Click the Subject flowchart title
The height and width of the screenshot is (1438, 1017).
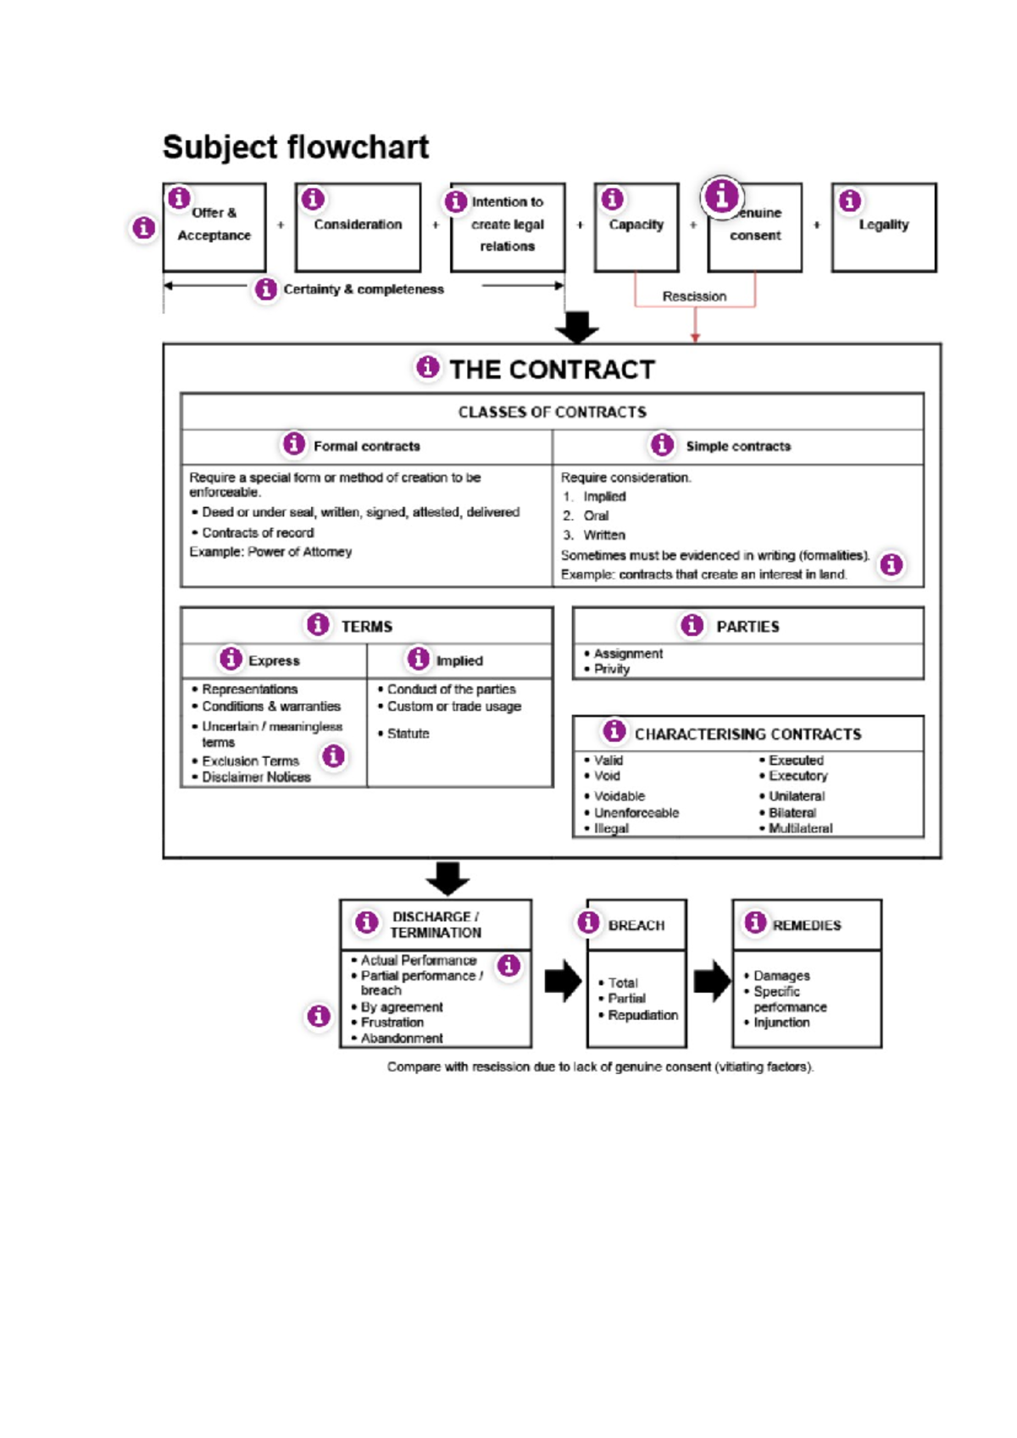pyautogui.click(x=295, y=148)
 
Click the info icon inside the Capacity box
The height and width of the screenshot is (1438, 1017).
pyautogui.click(x=612, y=199)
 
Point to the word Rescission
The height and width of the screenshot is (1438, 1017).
pyautogui.click(x=694, y=297)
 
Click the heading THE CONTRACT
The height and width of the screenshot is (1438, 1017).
pyautogui.click(x=552, y=370)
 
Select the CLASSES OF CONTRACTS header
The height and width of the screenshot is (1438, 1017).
pyautogui.click(x=552, y=412)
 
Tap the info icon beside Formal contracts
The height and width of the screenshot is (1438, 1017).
pyautogui.click(x=293, y=443)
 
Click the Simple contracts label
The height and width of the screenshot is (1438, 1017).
pyautogui.click(x=737, y=446)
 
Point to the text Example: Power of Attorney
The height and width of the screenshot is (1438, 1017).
pyautogui.click(x=270, y=552)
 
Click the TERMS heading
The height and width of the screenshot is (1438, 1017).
pyautogui.click(x=366, y=627)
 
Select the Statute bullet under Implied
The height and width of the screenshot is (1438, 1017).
pyautogui.click(x=408, y=733)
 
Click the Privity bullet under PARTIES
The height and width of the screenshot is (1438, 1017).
pyautogui.click(x=611, y=669)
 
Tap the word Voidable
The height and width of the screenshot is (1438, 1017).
pyautogui.click(x=619, y=796)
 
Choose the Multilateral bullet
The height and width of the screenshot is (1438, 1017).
pyautogui.click(x=799, y=828)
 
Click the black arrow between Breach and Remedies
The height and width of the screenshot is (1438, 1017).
pyautogui.click(x=711, y=982)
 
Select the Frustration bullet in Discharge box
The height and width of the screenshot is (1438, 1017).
pyautogui.click(x=392, y=1023)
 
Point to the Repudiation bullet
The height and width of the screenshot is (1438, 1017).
pyautogui.click(x=642, y=1015)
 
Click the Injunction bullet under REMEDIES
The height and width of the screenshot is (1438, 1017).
pyautogui.click(x=781, y=1023)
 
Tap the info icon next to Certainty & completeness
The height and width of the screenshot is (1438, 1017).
pyautogui.click(x=266, y=289)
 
